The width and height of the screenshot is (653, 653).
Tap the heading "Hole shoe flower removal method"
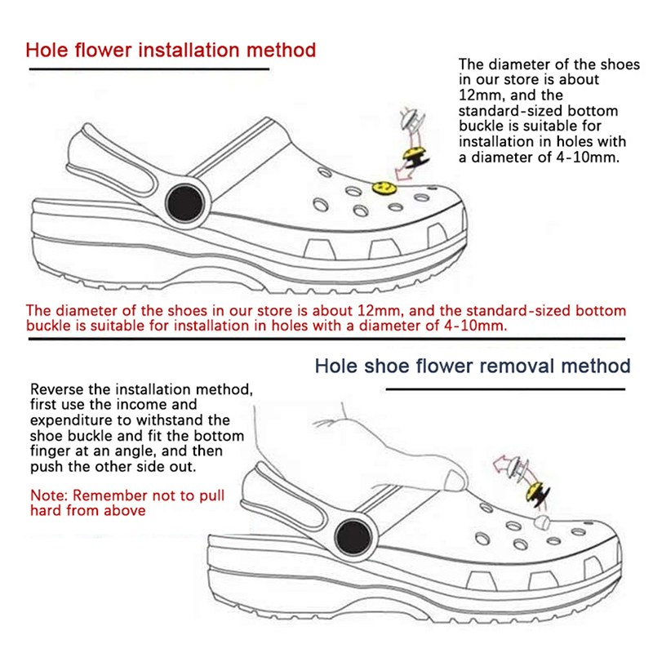[473, 364]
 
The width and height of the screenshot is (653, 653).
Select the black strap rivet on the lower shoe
[357, 538]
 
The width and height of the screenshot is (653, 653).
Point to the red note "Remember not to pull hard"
[127, 503]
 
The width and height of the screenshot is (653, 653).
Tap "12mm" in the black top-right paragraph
[483, 95]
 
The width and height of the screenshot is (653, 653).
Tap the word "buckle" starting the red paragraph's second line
[49, 326]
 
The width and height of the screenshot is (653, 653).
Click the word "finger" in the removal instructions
[50, 451]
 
